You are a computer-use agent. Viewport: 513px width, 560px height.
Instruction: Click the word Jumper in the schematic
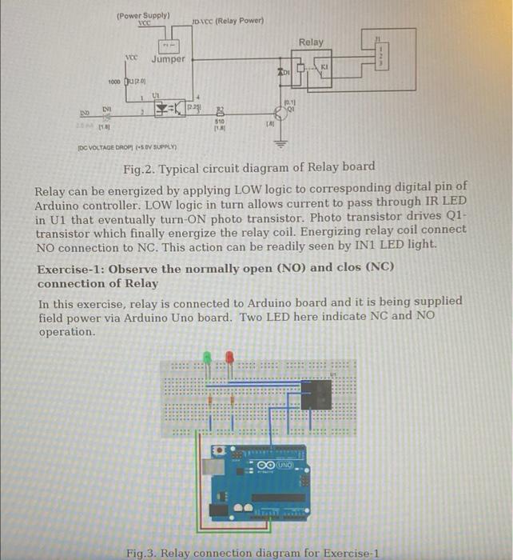coord(168,58)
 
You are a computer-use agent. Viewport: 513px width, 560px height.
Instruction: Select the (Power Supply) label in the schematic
coord(143,15)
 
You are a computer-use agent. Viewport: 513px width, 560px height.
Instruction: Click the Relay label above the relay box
coord(311,42)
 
